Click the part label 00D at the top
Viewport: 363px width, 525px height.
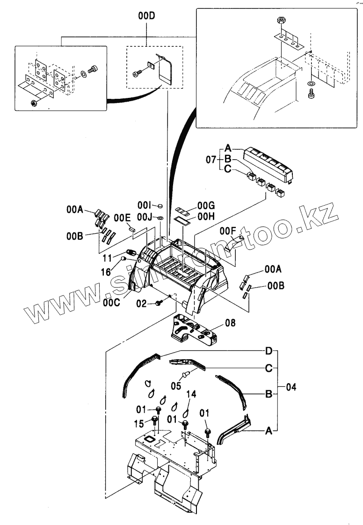(x=146, y=16)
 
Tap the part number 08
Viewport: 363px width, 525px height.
(x=230, y=322)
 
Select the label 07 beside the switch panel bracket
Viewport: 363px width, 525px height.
(x=211, y=161)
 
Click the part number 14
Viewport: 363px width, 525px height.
(x=191, y=394)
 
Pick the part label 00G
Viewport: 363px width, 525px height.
(x=205, y=205)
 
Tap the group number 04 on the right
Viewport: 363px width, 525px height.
(x=290, y=387)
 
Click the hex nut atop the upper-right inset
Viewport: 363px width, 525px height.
(x=282, y=21)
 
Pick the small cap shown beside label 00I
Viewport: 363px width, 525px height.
(x=160, y=205)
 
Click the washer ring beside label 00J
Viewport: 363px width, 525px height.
(x=160, y=218)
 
